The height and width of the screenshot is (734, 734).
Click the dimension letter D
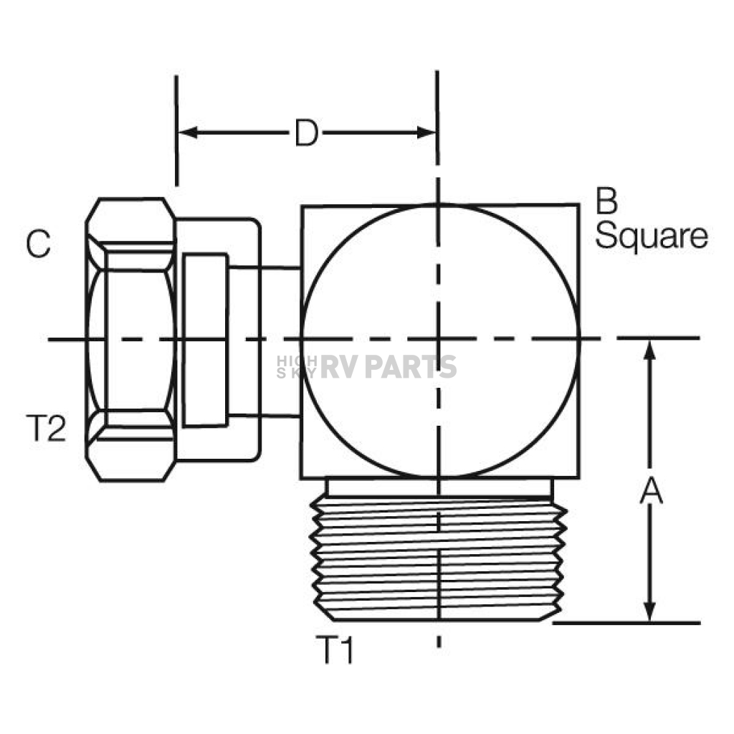pyautogui.click(x=307, y=133)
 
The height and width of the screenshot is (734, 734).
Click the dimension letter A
pyautogui.click(x=651, y=491)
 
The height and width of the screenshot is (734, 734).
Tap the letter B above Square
pyautogui.click(x=606, y=201)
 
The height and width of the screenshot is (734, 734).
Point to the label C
pyautogui.click(x=39, y=244)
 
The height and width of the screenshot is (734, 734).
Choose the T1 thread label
pyautogui.click(x=335, y=650)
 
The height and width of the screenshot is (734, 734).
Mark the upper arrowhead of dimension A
pyautogui.click(x=649, y=350)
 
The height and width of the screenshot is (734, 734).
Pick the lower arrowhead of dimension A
pyautogui.click(x=649, y=611)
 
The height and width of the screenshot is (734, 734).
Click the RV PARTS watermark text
pyautogui.click(x=389, y=366)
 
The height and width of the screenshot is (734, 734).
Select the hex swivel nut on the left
pyautogui.click(x=131, y=340)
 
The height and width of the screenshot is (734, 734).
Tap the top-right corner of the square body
pyautogui.click(x=579, y=204)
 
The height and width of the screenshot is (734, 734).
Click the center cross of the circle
pyautogui.click(x=438, y=338)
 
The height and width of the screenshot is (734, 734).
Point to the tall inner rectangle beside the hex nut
pyautogui.click(x=206, y=340)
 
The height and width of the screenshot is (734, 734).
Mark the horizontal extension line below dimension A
pyautogui.click(x=626, y=623)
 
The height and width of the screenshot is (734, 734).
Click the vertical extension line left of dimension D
pyautogui.click(x=176, y=130)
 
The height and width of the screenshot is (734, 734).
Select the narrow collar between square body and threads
pyautogui.click(x=439, y=487)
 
